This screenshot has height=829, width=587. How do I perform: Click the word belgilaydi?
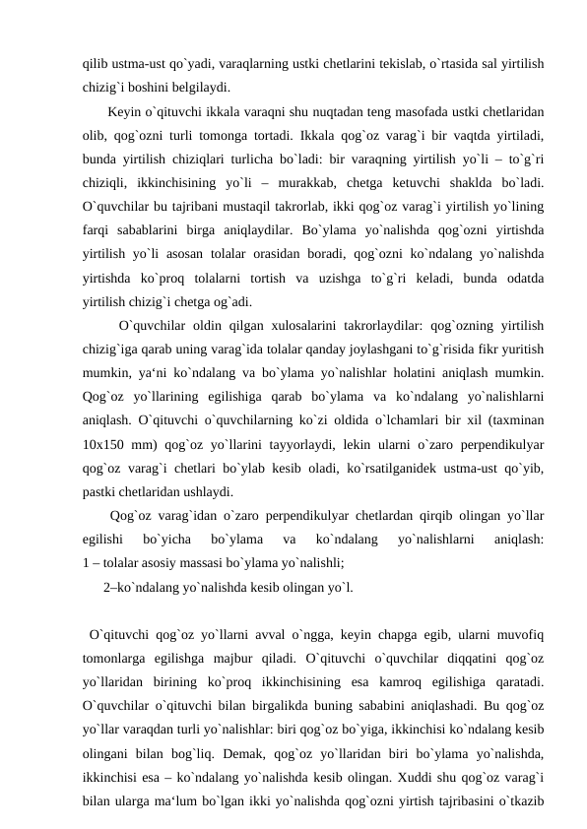click(x=202, y=86)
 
